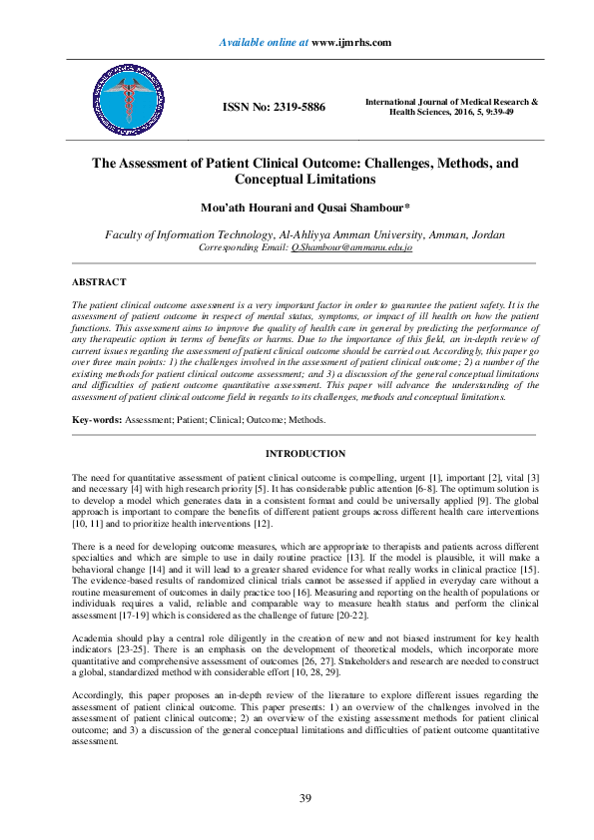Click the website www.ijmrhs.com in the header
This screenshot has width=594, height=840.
tap(350, 42)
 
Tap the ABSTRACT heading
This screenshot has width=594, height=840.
tap(98, 282)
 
